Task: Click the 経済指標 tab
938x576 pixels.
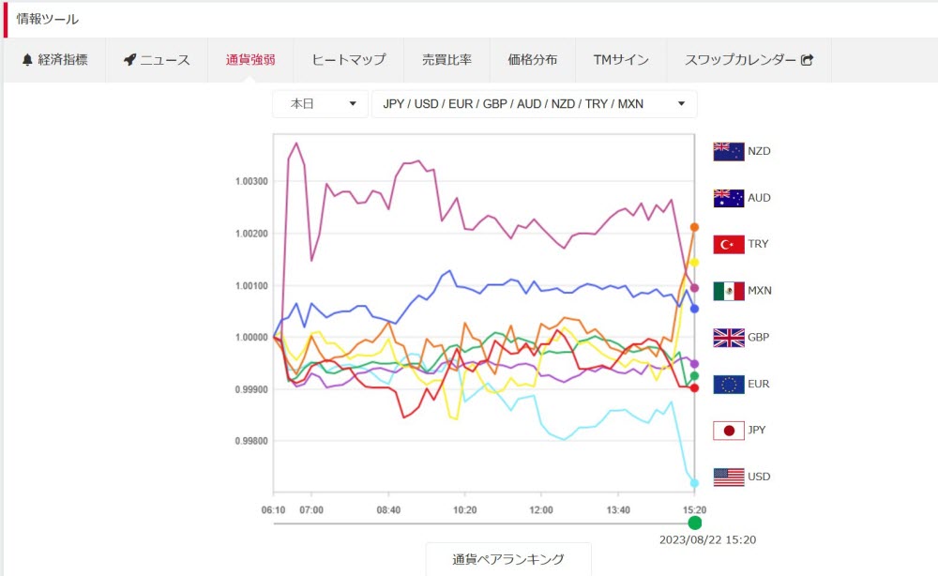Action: tap(54, 60)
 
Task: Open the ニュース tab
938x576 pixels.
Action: tap(157, 60)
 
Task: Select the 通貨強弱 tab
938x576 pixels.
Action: tap(250, 60)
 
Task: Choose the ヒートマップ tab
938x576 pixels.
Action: tap(348, 60)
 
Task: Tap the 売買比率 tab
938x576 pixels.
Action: tap(446, 60)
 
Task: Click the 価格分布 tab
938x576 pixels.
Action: tap(532, 60)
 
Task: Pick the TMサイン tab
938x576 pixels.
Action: tap(621, 60)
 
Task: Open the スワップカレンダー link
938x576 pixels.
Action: tap(741, 60)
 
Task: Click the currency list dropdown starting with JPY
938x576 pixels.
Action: tap(534, 104)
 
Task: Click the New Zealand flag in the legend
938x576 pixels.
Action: tap(729, 151)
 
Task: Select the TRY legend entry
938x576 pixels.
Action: tap(758, 244)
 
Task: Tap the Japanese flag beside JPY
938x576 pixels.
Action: tap(729, 431)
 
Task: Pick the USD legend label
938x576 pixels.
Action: tap(759, 477)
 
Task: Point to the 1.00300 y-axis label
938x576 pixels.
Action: tap(250, 181)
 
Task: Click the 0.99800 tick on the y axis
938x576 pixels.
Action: tap(250, 441)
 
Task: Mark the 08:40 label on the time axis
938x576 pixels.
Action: tap(388, 509)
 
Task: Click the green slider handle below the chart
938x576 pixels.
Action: tap(694, 523)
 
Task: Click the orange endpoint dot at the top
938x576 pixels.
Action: tap(694, 227)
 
